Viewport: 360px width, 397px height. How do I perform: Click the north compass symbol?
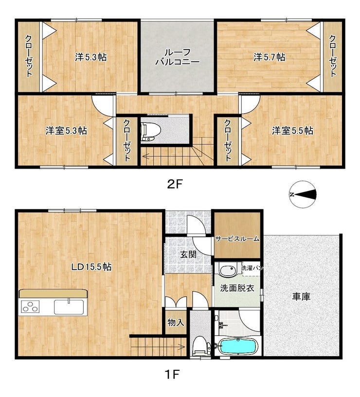coord(303,194)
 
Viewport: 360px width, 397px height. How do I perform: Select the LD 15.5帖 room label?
coord(91,267)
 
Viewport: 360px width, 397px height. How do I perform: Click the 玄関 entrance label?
coord(188,255)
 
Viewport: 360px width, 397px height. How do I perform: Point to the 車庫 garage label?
coord(301,296)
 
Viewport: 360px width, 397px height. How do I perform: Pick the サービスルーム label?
coord(237,239)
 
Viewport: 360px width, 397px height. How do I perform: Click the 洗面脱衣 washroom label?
coord(237,288)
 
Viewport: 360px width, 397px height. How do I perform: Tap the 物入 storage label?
coord(176,322)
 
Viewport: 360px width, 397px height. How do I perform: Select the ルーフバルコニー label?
coord(178,57)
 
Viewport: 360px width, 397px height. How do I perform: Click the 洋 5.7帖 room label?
coord(269,57)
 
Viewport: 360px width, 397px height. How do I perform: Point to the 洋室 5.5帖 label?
coord(292,131)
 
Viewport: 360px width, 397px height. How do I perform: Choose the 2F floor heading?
coord(175,184)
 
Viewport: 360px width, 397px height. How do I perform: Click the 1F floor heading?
coord(172,374)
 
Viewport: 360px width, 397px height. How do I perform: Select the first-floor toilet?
coord(201,345)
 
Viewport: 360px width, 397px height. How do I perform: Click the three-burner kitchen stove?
coord(30,306)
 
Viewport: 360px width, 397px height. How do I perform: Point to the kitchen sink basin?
coord(69,307)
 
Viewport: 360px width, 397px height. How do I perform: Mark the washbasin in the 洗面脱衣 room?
coord(228,270)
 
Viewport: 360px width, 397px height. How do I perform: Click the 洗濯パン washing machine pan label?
coord(252,268)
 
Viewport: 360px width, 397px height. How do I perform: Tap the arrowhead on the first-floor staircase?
coord(182,346)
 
